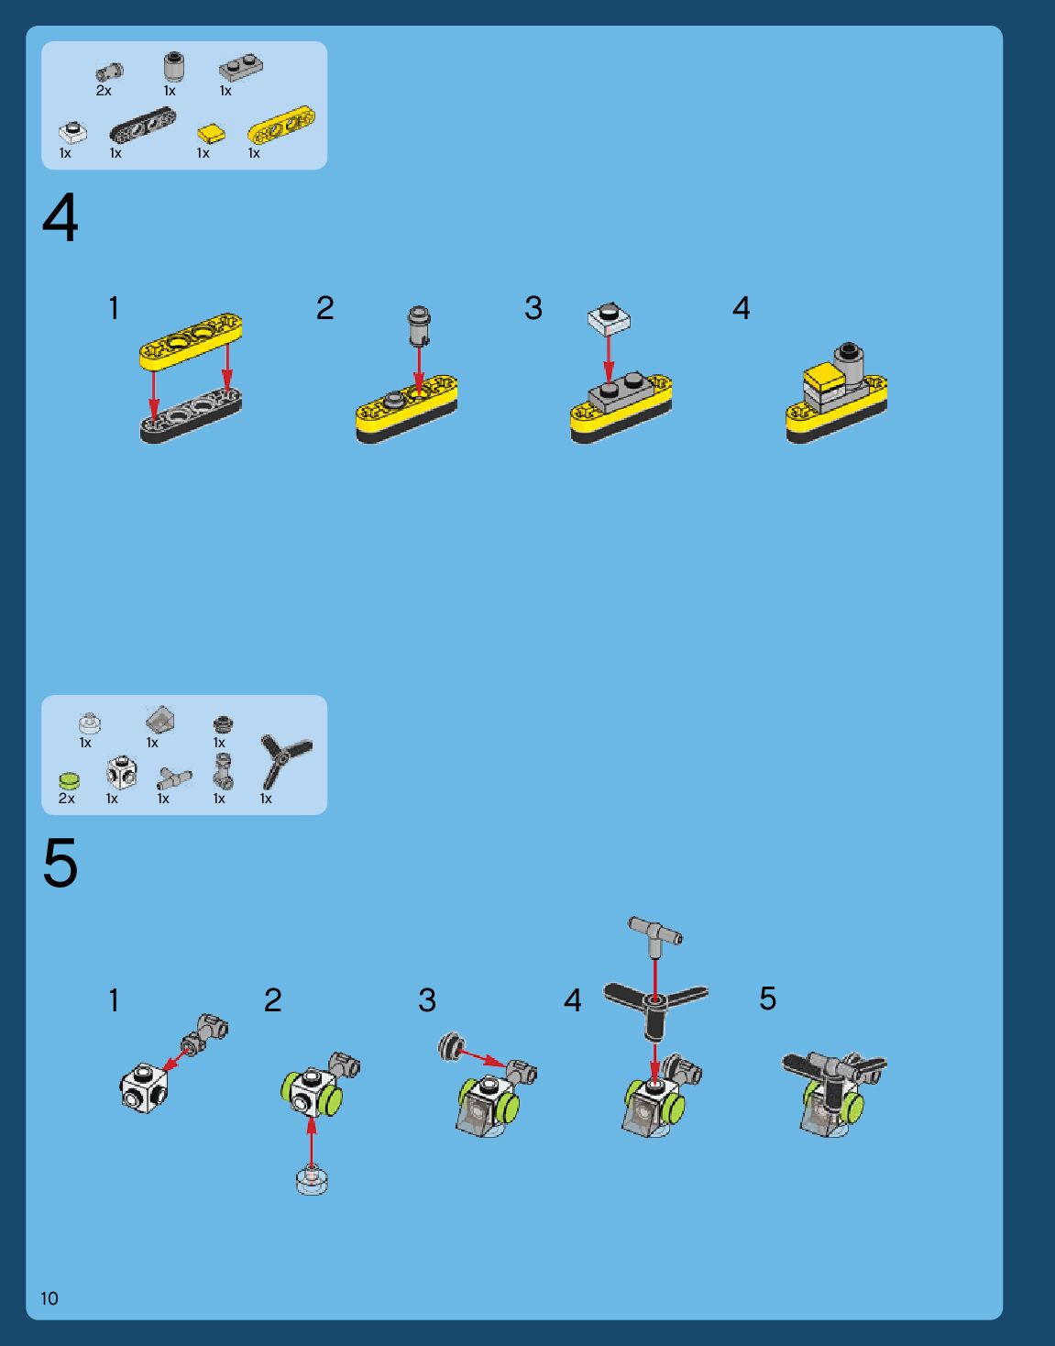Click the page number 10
pos(49,1297)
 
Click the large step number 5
pos(60,862)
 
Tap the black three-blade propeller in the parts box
pos(285,759)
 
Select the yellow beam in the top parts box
pos(281,125)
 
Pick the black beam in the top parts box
pos(142,124)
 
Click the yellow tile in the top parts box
pos(211,133)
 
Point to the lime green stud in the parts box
pos(69,780)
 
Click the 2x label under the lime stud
pos(66,799)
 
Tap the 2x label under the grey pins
pos(104,91)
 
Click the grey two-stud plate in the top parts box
pos(241,68)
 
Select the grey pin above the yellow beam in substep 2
pos(419,325)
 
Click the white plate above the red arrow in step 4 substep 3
pos(609,318)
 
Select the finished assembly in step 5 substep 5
pos(833,1094)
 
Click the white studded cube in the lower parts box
pos(121,772)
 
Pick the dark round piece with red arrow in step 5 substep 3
pos(451,1047)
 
